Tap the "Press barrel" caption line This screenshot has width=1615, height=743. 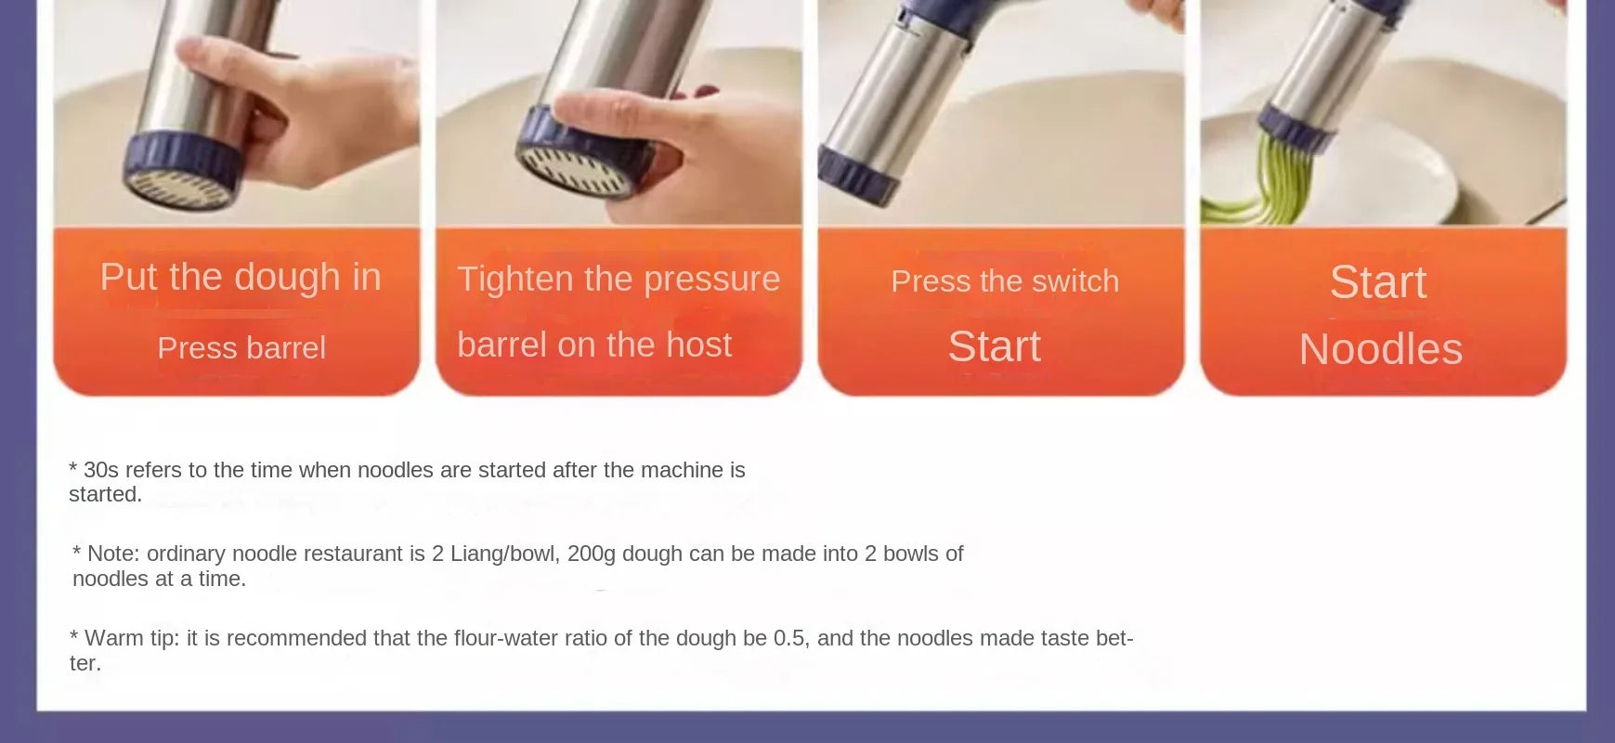(x=241, y=348)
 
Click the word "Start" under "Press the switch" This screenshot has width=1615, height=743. (x=994, y=346)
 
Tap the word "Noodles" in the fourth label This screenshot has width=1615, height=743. (x=1380, y=349)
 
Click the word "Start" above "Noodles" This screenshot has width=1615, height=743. (x=1377, y=281)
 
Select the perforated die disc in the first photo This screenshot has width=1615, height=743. (x=179, y=189)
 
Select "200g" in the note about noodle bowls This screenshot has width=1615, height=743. (x=592, y=554)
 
